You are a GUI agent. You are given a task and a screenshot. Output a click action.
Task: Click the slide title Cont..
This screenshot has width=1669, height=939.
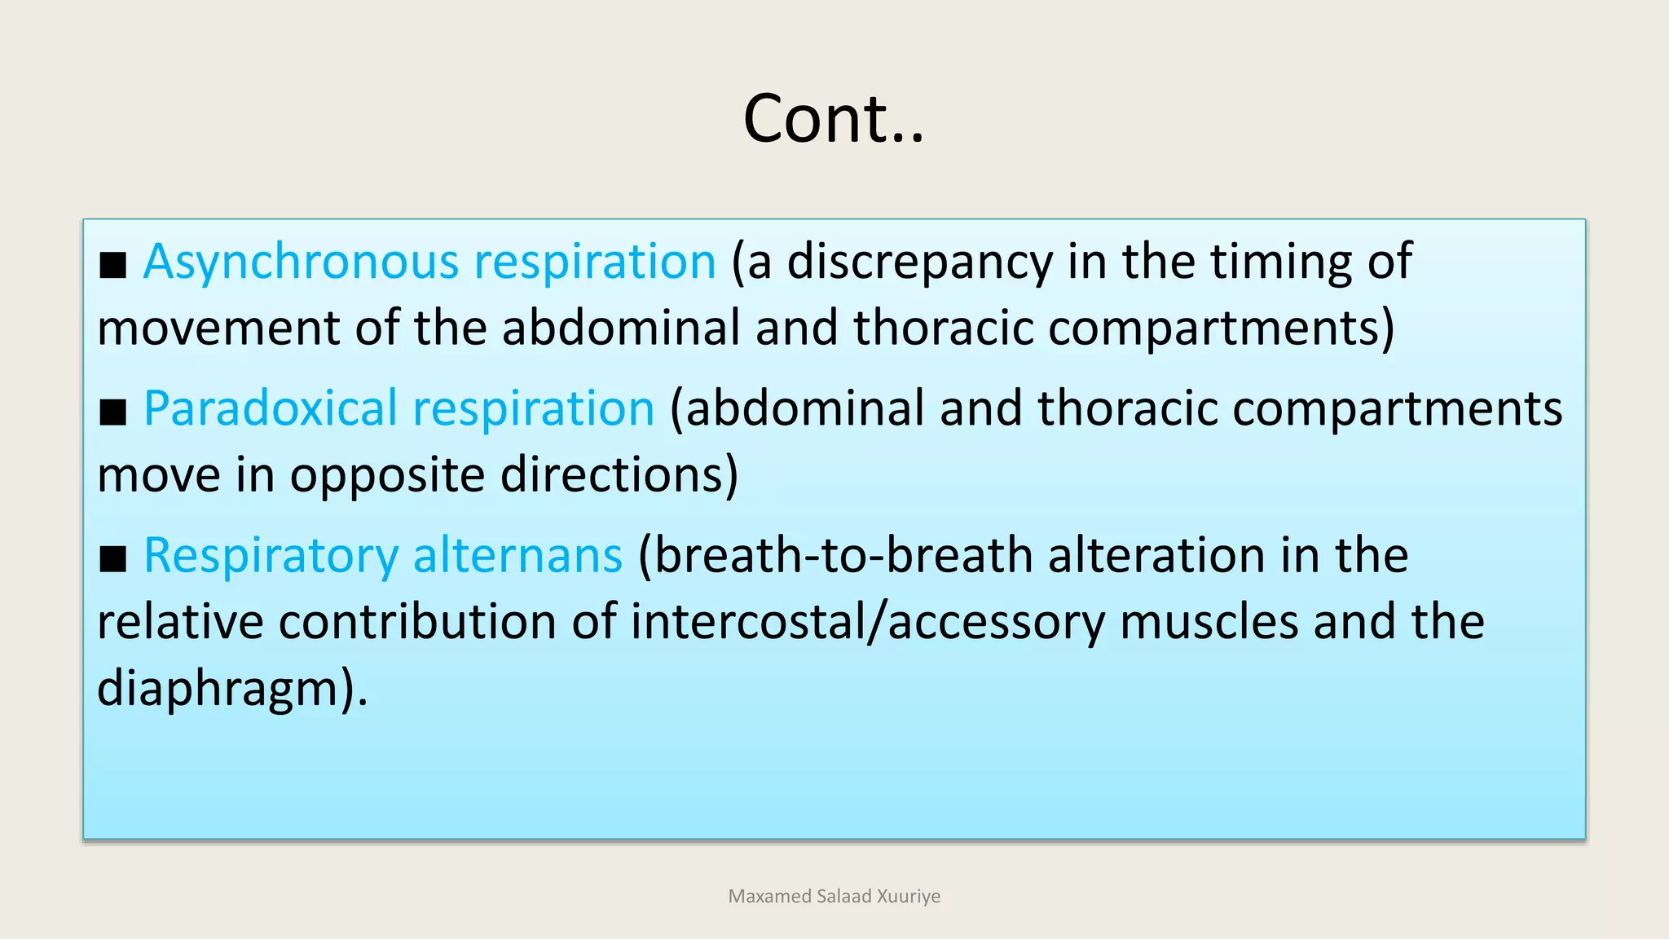833,119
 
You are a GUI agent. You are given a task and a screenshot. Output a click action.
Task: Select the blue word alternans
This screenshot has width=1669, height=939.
517,556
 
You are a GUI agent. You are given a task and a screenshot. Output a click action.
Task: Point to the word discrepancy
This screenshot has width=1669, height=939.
920,262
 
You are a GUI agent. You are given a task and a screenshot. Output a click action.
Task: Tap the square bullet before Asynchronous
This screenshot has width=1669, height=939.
113,266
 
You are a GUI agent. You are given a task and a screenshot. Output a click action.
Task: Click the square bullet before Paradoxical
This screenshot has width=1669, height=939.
113,412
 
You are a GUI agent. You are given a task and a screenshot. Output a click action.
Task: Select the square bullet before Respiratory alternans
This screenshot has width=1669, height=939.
113,560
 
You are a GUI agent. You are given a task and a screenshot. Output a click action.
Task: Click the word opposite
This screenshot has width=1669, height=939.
387,475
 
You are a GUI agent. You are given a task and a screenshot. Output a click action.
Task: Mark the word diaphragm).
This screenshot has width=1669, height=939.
231,689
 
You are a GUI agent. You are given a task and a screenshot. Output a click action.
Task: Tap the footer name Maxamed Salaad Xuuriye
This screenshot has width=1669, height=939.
834,897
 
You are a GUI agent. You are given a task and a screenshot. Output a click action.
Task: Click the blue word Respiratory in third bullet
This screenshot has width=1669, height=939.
271,556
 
